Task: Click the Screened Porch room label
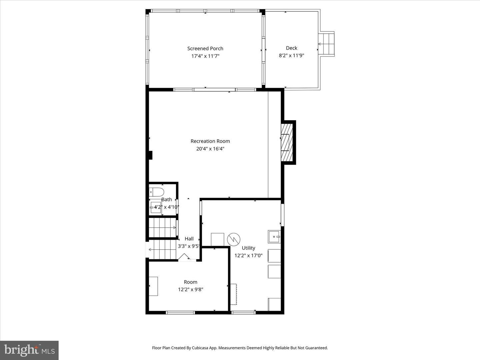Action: (205, 49)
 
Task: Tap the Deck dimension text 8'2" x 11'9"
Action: (291, 56)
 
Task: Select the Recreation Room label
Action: (210, 141)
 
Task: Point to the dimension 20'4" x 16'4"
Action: (210, 149)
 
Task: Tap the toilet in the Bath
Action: (156, 192)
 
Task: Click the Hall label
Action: (189, 239)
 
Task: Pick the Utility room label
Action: (248, 248)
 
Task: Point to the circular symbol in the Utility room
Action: (234, 239)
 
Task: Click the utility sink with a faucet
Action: (274, 237)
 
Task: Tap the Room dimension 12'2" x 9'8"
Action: (190, 290)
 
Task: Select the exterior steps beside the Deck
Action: (326, 44)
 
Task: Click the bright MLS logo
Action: (29, 350)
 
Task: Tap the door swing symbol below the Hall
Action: (184, 257)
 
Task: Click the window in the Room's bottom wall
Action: (180, 313)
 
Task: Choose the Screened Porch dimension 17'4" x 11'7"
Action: (205, 56)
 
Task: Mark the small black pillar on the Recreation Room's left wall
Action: (150, 155)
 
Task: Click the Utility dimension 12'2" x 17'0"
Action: (248, 256)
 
